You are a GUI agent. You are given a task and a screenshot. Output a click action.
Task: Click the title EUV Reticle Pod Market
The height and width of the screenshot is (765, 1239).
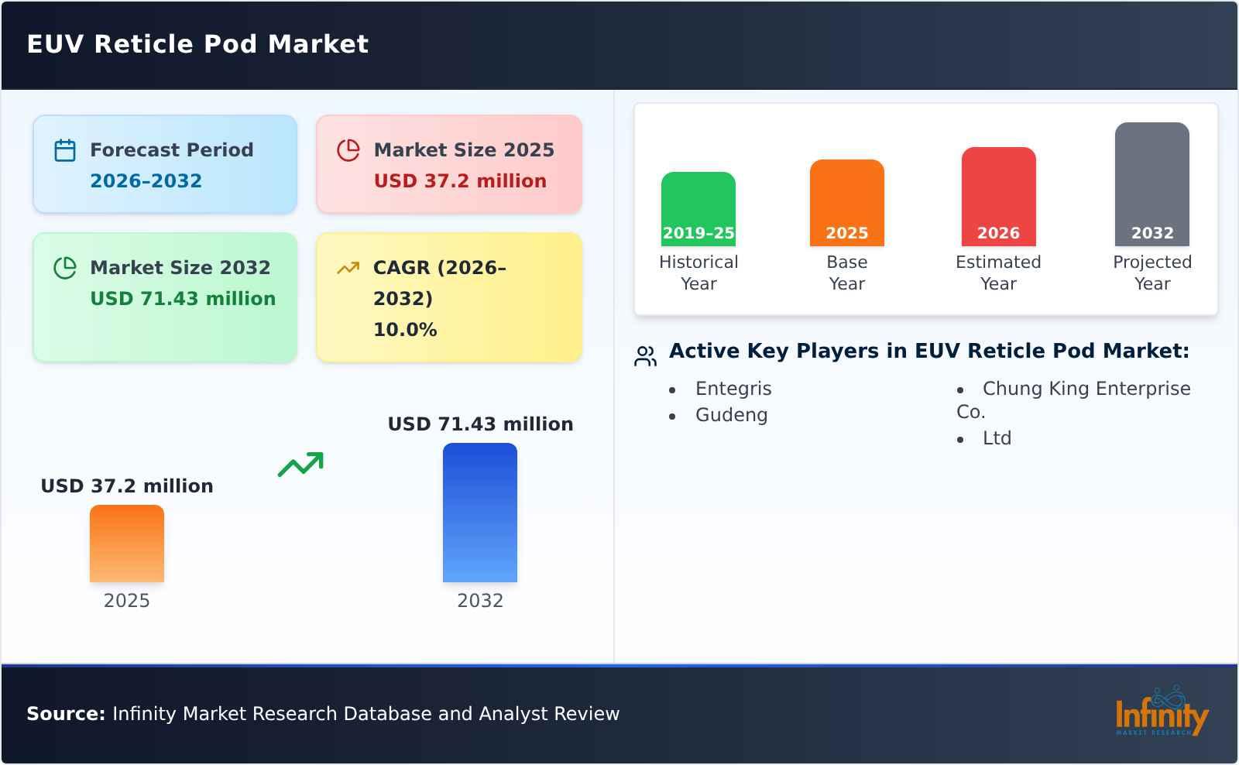click(197, 44)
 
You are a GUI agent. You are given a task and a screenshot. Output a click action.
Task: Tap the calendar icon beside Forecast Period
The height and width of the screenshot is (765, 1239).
click(65, 150)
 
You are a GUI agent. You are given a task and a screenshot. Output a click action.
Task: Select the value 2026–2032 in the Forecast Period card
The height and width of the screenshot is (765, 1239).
click(146, 181)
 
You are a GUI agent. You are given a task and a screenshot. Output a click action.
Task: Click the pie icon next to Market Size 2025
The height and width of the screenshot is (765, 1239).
click(348, 150)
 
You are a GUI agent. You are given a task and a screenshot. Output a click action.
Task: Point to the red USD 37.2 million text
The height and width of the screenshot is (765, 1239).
click(460, 181)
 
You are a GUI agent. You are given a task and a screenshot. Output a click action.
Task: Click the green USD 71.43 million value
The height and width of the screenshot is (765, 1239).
click(183, 299)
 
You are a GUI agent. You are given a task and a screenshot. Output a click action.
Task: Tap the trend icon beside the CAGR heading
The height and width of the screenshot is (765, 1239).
click(348, 268)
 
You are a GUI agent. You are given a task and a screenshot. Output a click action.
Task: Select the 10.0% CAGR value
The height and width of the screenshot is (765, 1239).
click(405, 330)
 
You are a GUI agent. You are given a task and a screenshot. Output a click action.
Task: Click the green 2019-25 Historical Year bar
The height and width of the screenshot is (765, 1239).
click(698, 209)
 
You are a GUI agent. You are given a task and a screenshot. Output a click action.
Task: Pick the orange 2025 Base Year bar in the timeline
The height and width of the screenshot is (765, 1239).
click(847, 203)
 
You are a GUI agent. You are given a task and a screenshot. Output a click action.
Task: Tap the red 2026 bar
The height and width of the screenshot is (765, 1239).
click(998, 197)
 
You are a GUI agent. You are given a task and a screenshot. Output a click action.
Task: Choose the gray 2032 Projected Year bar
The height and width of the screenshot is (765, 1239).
click(1152, 184)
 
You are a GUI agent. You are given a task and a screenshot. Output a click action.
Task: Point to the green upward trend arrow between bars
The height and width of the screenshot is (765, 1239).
click(300, 465)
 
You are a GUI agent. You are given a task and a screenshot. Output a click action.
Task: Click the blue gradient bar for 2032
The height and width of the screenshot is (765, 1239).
click(480, 513)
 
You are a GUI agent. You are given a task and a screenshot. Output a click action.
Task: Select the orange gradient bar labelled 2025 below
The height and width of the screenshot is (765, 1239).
click(127, 544)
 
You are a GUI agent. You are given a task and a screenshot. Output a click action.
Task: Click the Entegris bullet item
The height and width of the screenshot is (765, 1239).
click(733, 389)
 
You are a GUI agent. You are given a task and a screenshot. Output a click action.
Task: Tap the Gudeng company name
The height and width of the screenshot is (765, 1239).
click(731, 415)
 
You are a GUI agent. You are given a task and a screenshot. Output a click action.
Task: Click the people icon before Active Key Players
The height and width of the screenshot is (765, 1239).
click(645, 356)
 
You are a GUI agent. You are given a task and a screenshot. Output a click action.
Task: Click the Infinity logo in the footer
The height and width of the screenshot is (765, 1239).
click(1161, 712)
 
